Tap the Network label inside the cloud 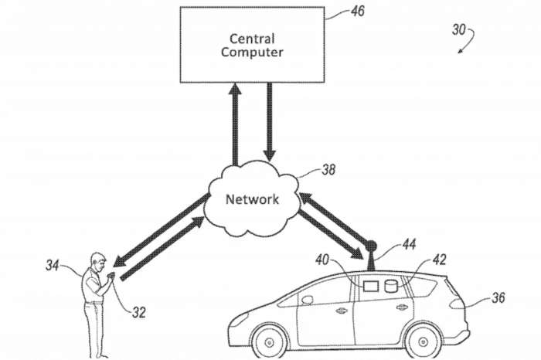251,199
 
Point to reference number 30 458,30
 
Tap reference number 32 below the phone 138,312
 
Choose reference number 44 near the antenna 409,245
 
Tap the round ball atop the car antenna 370,246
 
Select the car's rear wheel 424,341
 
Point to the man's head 97,260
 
